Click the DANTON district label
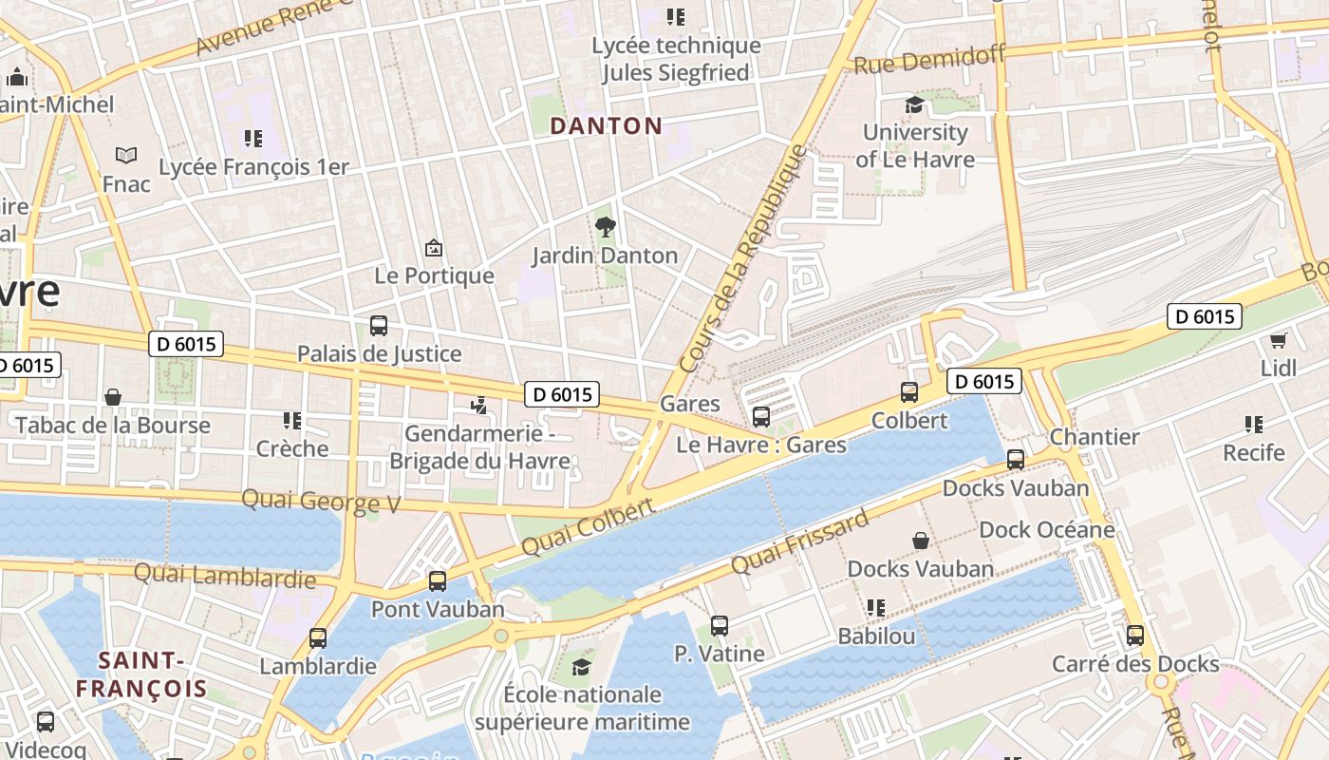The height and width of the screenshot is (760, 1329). [606, 125]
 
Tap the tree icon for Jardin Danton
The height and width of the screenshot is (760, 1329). [605, 227]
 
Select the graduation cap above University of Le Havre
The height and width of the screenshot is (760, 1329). [914, 104]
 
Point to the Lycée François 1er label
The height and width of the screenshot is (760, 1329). [253, 167]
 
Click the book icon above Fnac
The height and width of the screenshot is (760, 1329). [126, 155]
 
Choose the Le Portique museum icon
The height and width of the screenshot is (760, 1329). [434, 248]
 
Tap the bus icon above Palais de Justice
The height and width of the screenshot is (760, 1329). [379, 326]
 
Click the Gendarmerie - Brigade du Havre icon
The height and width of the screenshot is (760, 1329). [479, 406]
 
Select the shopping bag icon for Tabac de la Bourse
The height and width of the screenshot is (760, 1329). [113, 397]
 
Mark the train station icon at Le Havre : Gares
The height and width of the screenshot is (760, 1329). [760, 416]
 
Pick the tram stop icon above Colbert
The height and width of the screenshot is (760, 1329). [909, 391]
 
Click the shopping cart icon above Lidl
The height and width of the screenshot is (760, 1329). [1278, 340]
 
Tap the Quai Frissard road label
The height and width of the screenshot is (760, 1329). [799, 541]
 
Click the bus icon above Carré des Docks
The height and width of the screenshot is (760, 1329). [1134, 636]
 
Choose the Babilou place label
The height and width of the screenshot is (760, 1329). [876, 636]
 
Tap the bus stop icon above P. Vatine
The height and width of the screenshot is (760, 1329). [720, 626]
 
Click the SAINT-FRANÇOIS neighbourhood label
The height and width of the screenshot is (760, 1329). [141, 674]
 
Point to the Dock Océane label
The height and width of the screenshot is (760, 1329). [1046, 529]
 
